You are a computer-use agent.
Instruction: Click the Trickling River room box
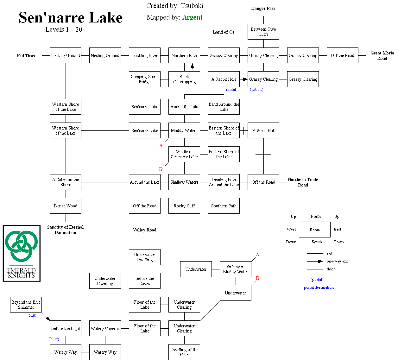(x=145, y=55)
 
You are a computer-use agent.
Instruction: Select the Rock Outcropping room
(x=184, y=79)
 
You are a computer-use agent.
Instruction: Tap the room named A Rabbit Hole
(x=224, y=79)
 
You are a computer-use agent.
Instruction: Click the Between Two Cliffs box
(x=263, y=32)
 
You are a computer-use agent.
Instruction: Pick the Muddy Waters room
(x=184, y=130)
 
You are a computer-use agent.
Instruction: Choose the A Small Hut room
(x=263, y=130)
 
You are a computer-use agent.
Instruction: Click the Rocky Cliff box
(x=184, y=206)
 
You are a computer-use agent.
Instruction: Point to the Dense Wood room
(x=66, y=206)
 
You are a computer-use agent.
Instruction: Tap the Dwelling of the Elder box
(x=184, y=352)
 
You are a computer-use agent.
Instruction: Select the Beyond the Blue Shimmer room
(x=26, y=305)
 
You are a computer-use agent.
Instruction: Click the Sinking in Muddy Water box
(x=236, y=269)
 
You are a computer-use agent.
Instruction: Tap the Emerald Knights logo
(x=22, y=253)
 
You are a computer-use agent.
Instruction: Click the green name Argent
(x=192, y=17)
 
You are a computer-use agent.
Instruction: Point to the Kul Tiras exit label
(x=26, y=56)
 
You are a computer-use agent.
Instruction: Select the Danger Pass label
(x=263, y=8)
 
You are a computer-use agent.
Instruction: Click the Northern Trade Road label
(x=303, y=182)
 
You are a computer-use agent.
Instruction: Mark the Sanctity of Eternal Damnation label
(x=66, y=230)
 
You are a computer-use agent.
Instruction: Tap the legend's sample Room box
(x=315, y=230)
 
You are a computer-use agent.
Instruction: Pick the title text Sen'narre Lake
(x=71, y=18)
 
